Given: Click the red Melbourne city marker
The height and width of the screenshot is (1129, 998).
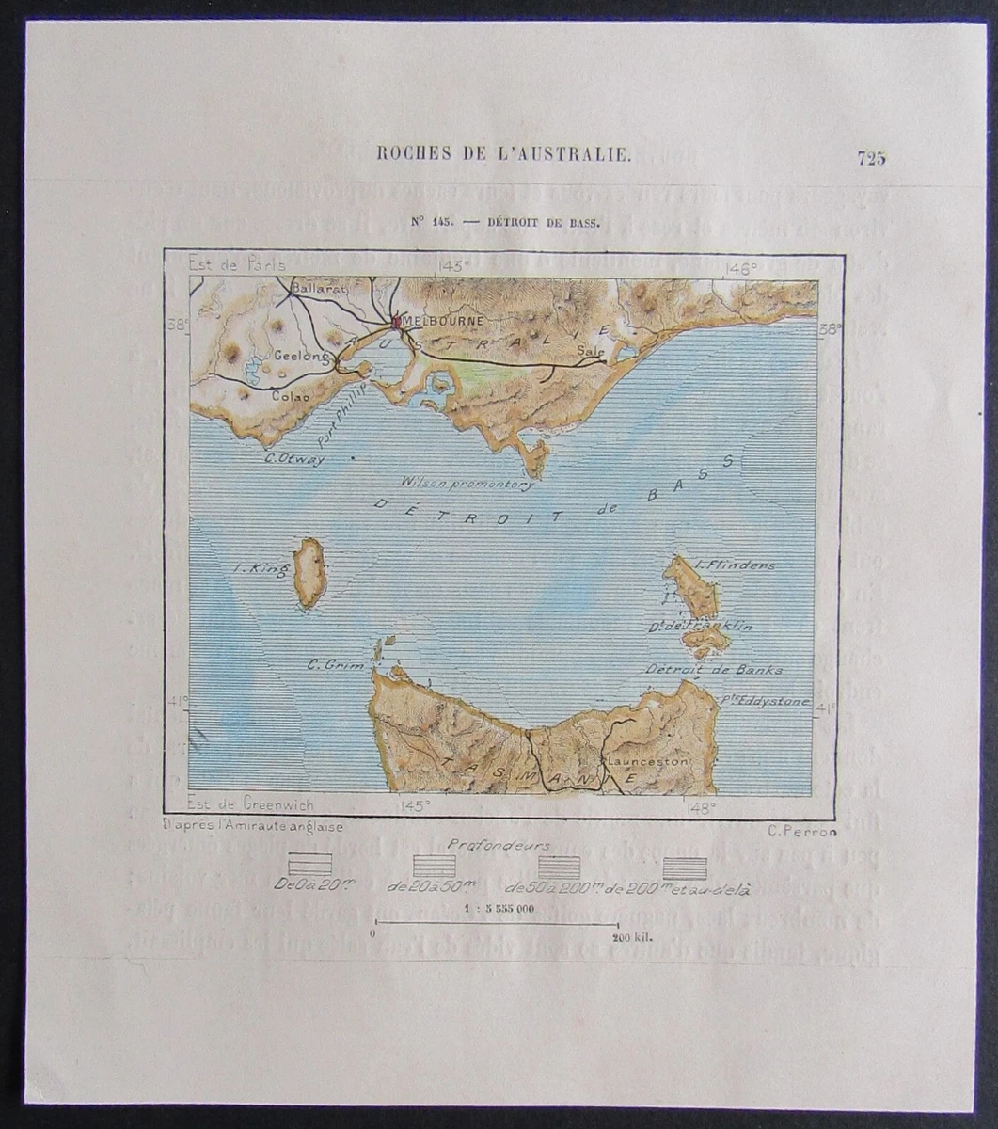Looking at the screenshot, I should pyautogui.click(x=396, y=321).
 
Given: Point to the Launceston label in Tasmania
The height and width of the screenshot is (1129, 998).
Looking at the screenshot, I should pyautogui.click(x=648, y=760).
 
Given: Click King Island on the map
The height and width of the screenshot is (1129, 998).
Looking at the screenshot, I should pyautogui.click(x=309, y=573).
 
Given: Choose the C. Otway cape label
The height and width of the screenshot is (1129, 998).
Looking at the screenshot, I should pyautogui.click(x=294, y=459).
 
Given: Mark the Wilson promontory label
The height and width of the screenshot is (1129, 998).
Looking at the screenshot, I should pyautogui.click(x=467, y=484).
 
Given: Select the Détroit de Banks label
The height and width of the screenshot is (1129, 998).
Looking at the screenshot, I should pyautogui.click(x=714, y=669).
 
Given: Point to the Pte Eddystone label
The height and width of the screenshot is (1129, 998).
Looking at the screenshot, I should pyautogui.click(x=765, y=700).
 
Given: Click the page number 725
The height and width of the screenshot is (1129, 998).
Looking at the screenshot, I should pyautogui.click(x=871, y=158).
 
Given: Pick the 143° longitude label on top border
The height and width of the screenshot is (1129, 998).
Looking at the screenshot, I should pyautogui.click(x=453, y=266).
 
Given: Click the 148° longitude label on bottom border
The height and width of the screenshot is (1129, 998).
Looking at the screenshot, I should pyautogui.click(x=701, y=806).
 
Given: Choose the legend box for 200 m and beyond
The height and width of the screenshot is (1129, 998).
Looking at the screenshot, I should pyautogui.click(x=686, y=867).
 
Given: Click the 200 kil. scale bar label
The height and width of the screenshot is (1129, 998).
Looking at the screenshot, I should pyautogui.click(x=632, y=937).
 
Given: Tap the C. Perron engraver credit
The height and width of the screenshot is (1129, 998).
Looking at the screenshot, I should pyautogui.click(x=801, y=830).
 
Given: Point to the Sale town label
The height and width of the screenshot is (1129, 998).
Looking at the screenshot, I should pyautogui.click(x=590, y=350).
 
